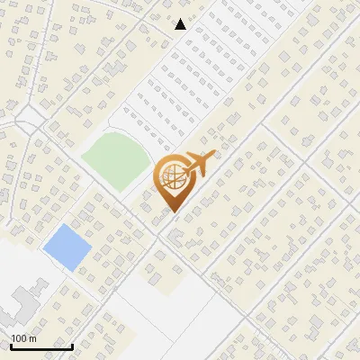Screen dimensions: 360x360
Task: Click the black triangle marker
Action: point(181,24)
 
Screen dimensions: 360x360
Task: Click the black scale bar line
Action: point(41,346)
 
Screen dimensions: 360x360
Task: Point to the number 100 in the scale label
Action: point(20,338)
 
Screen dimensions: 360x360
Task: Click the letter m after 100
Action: point(32,338)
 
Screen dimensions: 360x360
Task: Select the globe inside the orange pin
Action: point(172,177)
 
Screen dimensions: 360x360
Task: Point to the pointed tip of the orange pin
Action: point(172,212)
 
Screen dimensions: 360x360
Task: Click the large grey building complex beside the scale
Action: point(20,301)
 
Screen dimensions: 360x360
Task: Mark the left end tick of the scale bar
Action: point(11,345)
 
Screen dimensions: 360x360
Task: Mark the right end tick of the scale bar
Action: point(72,345)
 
